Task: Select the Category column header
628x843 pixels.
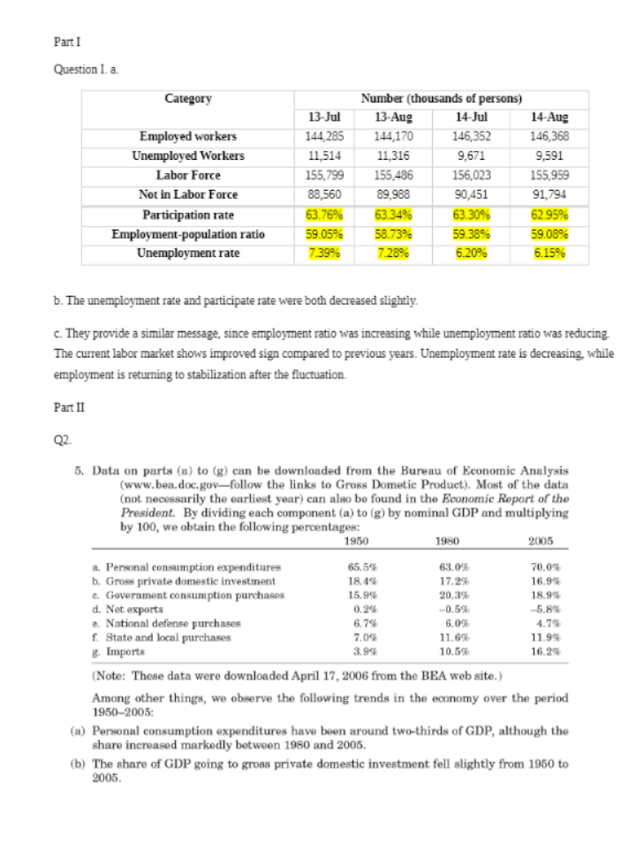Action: click(187, 98)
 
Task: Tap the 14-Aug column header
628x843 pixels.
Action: click(549, 117)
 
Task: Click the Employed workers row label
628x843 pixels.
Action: click(187, 136)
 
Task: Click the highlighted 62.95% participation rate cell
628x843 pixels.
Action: click(549, 214)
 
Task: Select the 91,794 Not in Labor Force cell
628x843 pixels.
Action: click(549, 194)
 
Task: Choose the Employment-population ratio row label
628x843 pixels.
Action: click(187, 233)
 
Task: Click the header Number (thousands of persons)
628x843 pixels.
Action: click(441, 98)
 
